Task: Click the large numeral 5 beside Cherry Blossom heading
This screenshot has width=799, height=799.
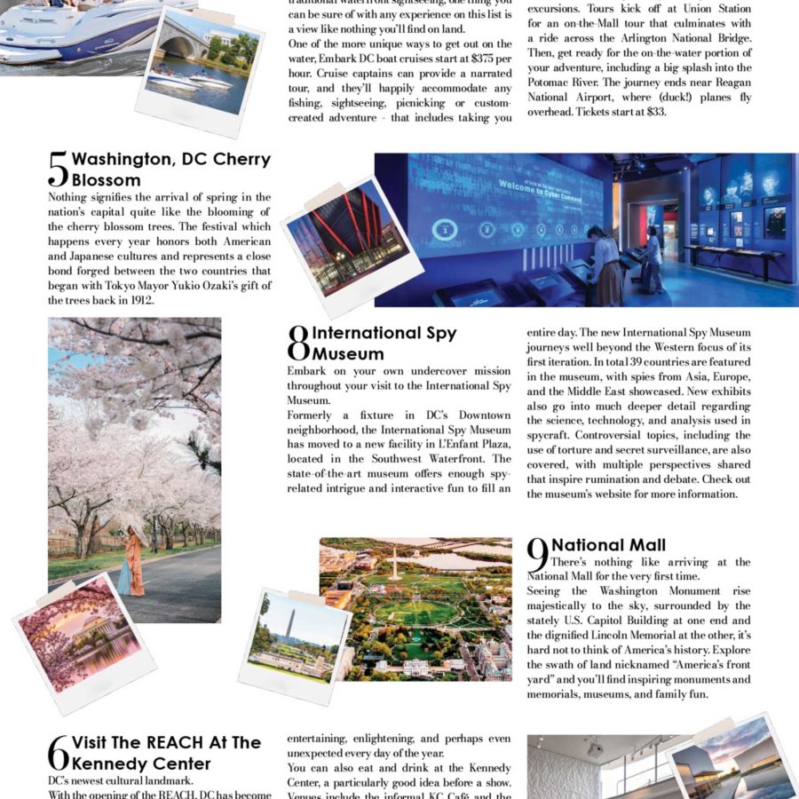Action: [x=58, y=169]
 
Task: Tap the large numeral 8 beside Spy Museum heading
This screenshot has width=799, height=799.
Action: [x=298, y=344]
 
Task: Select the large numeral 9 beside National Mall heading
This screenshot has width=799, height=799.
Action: [x=538, y=555]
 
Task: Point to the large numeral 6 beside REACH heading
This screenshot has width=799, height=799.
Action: [x=58, y=753]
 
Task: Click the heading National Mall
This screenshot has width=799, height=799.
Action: [x=609, y=545]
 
